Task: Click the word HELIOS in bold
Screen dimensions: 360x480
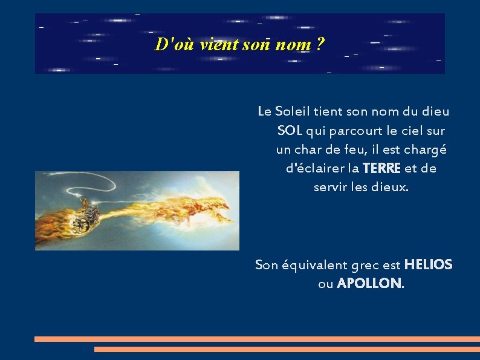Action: click(x=428, y=264)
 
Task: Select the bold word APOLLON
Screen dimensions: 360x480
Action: click(x=369, y=283)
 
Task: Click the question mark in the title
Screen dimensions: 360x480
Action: click(x=320, y=44)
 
